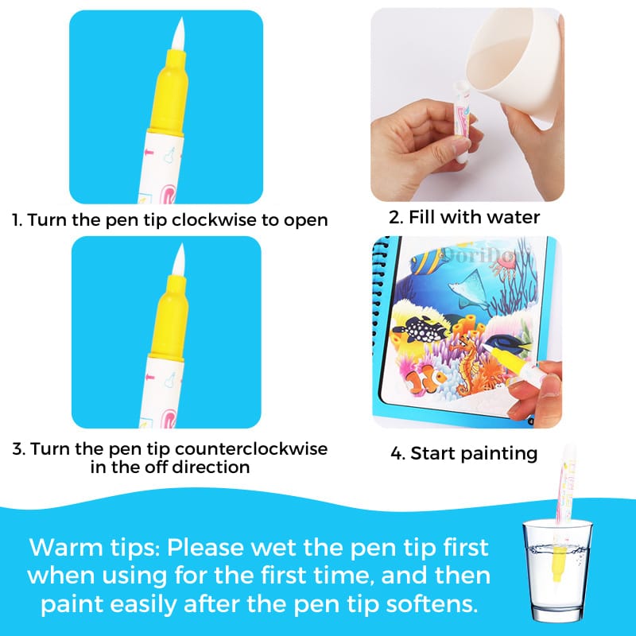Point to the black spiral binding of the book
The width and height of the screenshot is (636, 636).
(380, 318)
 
